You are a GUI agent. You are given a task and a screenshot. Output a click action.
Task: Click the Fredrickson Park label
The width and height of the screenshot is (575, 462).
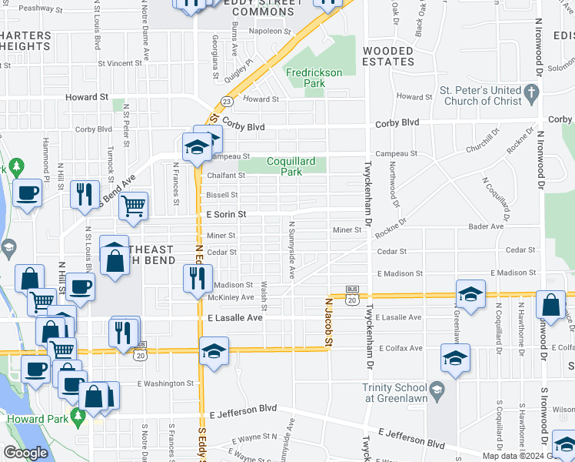pyautogui.click(x=314, y=78)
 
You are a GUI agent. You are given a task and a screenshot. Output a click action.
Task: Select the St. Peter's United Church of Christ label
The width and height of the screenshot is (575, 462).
pyautogui.click(x=480, y=95)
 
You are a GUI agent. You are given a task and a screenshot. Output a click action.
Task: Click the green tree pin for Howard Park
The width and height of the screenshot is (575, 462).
pyautogui.click(x=77, y=417)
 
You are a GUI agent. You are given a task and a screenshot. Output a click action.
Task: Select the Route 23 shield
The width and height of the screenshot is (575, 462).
pyautogui.click(x=227, y=102)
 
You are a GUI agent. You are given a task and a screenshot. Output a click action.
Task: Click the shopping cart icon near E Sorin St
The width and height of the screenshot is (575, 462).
pyautogui.click(x=134, y=206)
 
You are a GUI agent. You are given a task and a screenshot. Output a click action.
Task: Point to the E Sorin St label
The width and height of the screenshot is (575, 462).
pyautogui.click(x=226, y=214)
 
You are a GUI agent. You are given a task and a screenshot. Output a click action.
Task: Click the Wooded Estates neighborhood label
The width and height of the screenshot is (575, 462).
pyautogui.click(x=387, y=55)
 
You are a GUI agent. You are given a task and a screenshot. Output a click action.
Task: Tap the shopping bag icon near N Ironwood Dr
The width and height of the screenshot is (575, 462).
pyautogui.click(x=550, y=305)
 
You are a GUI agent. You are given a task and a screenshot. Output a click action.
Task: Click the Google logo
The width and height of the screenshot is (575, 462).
pyautogui.click(x=26, y=452)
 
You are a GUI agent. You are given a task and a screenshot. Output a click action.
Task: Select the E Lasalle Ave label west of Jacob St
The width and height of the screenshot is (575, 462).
pyautogui.click(x=234, y=317)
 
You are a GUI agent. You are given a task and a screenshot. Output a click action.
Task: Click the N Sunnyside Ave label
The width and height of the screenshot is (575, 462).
pyautogui.click(x=291, y=249)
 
